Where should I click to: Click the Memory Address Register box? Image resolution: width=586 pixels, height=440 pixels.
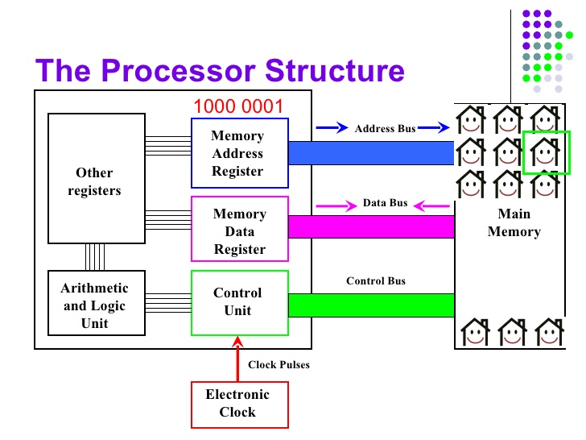pos(240,153)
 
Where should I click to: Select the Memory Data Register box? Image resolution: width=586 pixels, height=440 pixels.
pos(240,229)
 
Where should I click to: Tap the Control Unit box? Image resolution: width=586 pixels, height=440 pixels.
pos(240,303)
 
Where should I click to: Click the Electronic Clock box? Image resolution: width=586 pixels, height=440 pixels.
pos(240,405)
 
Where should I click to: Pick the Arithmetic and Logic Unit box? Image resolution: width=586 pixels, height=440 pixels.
pos(97,303)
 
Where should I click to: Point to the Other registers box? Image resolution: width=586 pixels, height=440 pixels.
pos(97,178)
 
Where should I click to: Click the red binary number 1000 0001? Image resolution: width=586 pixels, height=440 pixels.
pos(238,106)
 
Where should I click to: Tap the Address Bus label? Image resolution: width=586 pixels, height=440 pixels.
pos(385,129)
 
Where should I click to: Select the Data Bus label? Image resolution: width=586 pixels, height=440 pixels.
pos(385,203)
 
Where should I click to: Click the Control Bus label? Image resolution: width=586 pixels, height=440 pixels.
pos(376,281)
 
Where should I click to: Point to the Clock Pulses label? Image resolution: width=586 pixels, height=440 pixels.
pos(279,365)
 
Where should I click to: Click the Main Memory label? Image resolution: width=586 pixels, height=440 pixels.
pos(514,222)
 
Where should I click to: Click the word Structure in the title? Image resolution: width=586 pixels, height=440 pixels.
pos(335,70)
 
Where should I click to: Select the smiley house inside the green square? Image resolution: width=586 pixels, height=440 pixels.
pos(545,152)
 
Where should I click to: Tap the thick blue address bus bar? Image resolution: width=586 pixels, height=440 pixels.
pos(372,153)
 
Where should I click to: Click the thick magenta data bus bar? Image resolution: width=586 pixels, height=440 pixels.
pos(372,226)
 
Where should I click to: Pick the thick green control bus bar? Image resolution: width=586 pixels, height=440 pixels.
pos(372,305)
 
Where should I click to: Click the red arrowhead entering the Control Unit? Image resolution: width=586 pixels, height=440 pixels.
pos(237,341)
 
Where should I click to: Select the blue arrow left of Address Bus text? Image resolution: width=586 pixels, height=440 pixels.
pos(332,127)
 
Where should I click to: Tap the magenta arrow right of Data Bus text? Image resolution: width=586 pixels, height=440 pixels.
pos(431,205)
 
